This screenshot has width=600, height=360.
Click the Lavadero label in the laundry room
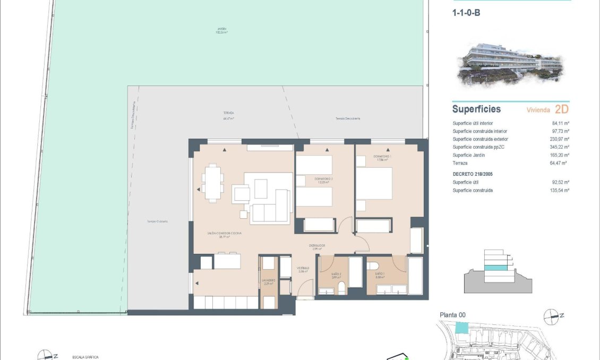tap(268, 281)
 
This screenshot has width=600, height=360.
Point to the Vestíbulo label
tap(303, 269)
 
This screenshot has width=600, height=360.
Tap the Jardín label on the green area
tap(221, 30)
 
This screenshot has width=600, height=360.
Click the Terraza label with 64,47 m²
tap(229, 116)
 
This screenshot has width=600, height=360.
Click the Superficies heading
tap(476, 109)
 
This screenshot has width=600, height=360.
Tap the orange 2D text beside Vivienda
tap(561, 109)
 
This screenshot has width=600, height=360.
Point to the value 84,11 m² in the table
tap(561, 123)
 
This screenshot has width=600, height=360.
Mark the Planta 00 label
tap(452, 315)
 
